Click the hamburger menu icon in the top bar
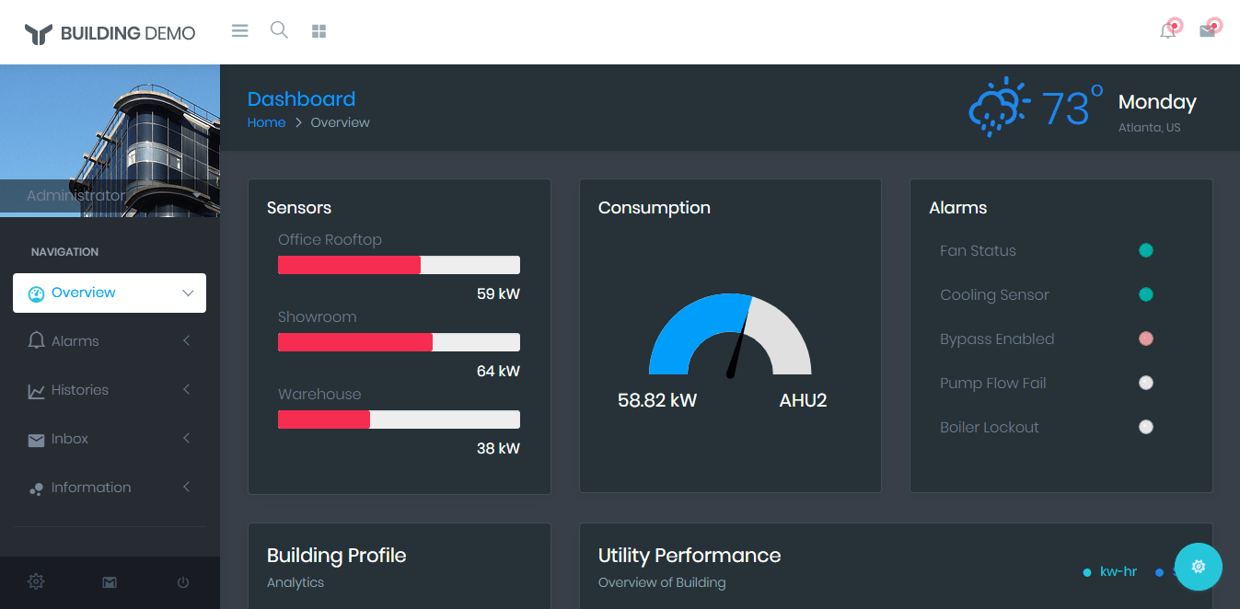click(239, 31)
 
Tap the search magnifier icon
click(279, 30)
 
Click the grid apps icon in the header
click(319, 31)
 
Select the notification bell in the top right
click(1167, 31)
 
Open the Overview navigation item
click(109, 293)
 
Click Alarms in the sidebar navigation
click(75, 341)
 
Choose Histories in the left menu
click(80, 390)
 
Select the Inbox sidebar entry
click(70, 439)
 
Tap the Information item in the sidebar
click(91, 488)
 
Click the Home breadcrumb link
click(266, 122)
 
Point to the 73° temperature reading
click(1071, 107)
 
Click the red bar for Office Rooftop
click(349, 265)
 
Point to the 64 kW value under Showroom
click(498, 372)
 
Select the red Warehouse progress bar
click(324, 419)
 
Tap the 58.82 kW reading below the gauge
click(657, 400)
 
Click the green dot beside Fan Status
click(1146, 250)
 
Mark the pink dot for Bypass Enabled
click(1146, 339)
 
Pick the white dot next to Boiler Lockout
click(1146, 427)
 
